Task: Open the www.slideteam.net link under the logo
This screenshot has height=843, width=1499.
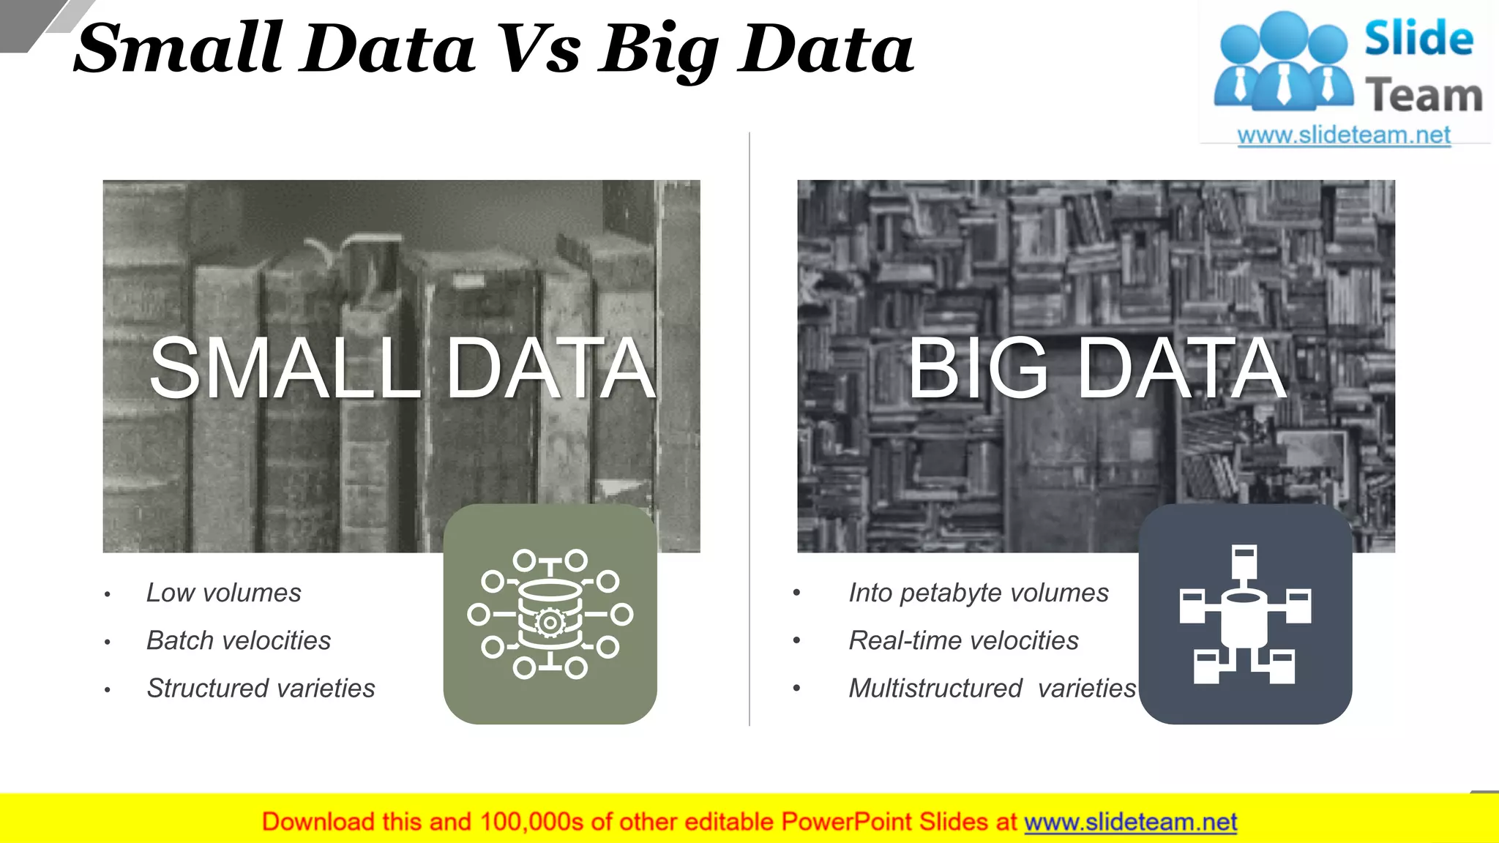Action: point(1344,135)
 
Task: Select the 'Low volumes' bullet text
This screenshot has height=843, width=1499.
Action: point(223,593)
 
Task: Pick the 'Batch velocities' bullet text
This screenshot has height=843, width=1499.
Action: point(239,640)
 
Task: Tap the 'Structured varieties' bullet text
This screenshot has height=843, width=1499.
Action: point(261,688)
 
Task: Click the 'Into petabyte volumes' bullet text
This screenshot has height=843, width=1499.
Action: point(979,593)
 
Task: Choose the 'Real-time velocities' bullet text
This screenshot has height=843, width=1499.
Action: point(963,640)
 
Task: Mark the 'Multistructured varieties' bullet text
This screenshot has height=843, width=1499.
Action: point(992,688)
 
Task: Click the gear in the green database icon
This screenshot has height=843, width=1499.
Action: point(549,623)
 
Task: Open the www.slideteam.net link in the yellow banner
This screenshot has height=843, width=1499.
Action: point(1130,822)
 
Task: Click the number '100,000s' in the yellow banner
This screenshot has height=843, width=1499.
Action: point(531,822)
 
